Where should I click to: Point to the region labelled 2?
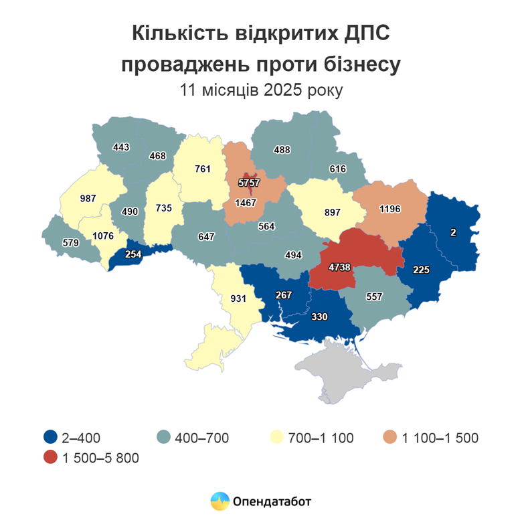click(453, 232)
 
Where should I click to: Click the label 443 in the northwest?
click(121, 147)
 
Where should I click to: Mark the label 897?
click(331, 212)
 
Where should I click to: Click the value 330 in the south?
click(319, 318)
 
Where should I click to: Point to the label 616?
click(337, 169)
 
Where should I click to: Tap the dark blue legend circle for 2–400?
click(50, 438)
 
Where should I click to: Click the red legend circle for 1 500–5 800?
click(50, 458)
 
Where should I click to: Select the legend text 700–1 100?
click(321, 438)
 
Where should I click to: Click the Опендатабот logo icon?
click(220, 501)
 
